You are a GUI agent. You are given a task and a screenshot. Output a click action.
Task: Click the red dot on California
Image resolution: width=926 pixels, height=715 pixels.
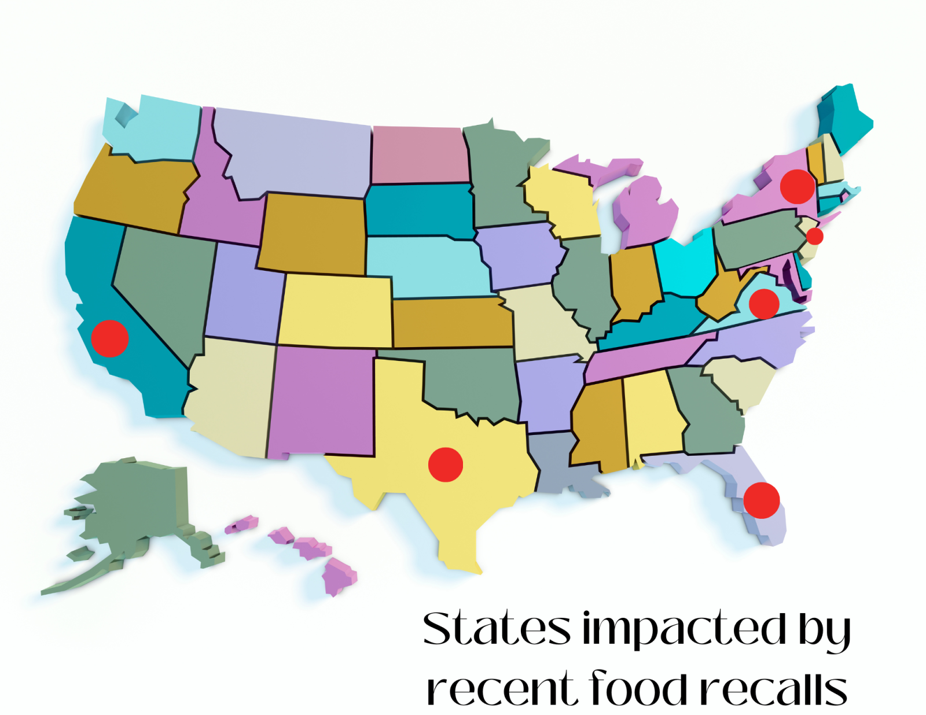click(109, 338)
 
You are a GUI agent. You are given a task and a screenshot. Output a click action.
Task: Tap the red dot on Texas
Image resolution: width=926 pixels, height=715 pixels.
click(446, 464)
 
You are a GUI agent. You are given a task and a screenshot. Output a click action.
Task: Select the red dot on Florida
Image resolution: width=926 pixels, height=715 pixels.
click(762, 500)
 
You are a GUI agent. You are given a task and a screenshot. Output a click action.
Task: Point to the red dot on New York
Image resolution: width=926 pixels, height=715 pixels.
click(798, 186)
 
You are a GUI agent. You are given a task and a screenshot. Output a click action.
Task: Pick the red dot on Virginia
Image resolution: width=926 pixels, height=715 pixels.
click(764, 303)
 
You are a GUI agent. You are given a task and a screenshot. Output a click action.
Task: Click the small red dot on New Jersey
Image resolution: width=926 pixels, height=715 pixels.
click(814, 236)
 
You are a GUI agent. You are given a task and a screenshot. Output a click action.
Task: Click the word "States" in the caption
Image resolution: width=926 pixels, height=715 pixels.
click(497, 628)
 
